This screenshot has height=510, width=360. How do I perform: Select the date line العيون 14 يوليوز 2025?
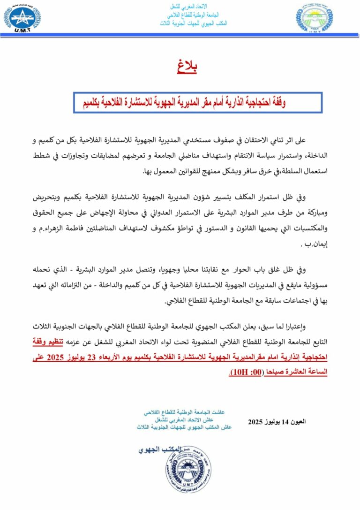pyautogui.click(x=277, y=421)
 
